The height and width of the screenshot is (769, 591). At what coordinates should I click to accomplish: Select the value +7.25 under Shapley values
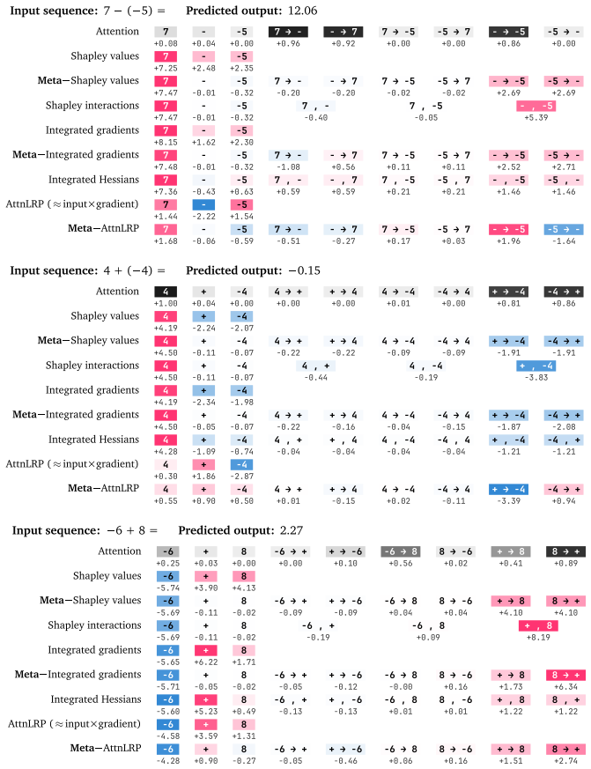[x=166, y=68]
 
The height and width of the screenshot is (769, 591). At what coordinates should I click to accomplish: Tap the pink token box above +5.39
[x=536, y=106]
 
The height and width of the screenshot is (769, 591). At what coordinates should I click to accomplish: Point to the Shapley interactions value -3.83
[x=536, y=378]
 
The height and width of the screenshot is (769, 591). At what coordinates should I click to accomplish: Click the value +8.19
[x=538, y=638]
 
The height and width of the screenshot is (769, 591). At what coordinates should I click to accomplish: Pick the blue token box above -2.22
[x=203, y=204]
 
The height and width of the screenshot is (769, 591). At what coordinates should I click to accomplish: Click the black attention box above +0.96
[x=288, y=32]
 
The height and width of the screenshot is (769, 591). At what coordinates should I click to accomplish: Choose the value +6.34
[x=565, y=687]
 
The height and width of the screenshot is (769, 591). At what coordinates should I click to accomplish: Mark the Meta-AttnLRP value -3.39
[x=508, y=501]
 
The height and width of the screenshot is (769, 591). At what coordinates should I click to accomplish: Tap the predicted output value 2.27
[x=292, y=530]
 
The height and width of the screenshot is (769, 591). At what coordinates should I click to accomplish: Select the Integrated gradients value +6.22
[x=205, y=662]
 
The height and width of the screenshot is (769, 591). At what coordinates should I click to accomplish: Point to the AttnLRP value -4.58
[x=167, y=736]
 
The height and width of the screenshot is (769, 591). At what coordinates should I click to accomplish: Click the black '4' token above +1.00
[x=166, y=292]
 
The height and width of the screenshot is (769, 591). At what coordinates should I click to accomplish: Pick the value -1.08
[x=288, y=167]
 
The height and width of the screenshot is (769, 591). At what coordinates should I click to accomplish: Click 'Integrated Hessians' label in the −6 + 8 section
[x=96, y=699]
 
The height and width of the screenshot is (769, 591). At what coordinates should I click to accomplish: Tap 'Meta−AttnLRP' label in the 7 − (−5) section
[x=103, y=228]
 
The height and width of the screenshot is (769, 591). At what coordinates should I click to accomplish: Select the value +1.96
[x=508, y=241]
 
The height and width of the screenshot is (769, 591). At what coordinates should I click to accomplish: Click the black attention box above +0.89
[x=565, y=551]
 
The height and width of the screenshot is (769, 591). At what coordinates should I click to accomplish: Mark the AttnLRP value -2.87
[x=242, y=477]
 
